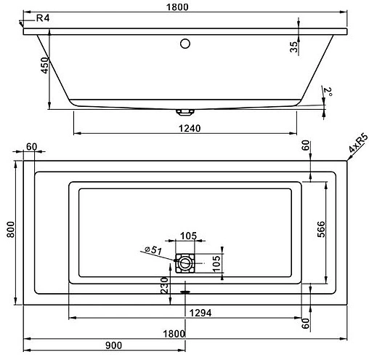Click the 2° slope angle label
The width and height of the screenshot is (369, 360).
coord(328,92)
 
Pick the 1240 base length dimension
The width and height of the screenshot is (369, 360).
coord(187,128)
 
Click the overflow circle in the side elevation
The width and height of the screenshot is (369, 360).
coord(184,44)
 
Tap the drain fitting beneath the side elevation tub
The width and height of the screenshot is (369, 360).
coord(184,112)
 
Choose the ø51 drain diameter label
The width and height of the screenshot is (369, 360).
coord(153,250)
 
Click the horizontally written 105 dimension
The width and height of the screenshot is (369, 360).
coord(188,235)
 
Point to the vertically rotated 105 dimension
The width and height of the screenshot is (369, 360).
coord(217,263)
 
